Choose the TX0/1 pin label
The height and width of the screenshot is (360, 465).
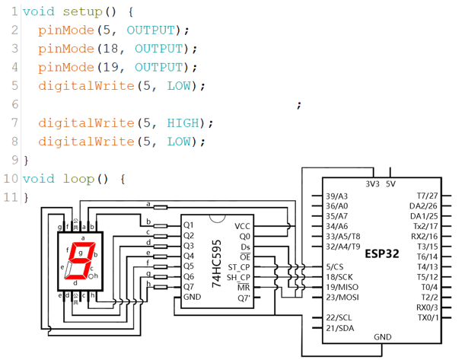[x=427, y=318]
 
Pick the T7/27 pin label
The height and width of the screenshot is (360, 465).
[x=427, y=196]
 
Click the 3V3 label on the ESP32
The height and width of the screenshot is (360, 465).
[x=372, y=184]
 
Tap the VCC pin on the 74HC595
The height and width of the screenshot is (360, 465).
[x=242, y=226]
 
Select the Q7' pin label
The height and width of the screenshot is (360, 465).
[x=244, y=298]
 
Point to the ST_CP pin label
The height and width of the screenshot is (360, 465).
[x=239, y=267]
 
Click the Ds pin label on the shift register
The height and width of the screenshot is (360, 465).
[x=244, y=247]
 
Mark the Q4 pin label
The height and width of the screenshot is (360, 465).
[x=189, y=256]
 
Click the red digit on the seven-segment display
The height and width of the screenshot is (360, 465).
[x=78, y=260]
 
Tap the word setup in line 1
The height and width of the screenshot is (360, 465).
[x=79, y=12]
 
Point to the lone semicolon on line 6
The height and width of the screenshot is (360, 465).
[x=299, y=105]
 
